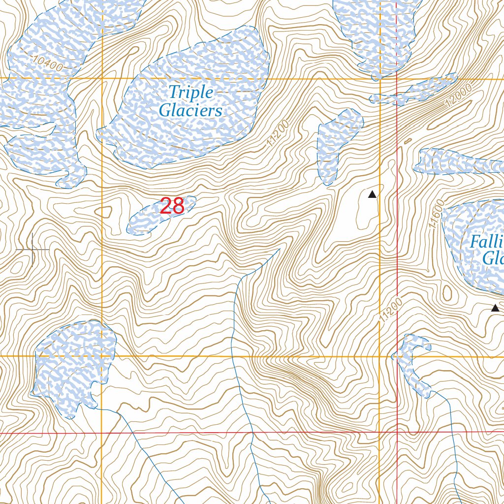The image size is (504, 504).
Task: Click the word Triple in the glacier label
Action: coord(190,92)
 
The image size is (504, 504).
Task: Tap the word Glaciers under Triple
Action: coord(190,111)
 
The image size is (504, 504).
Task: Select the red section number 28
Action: coord(172,206)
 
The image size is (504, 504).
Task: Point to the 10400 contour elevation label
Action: coord(49,64)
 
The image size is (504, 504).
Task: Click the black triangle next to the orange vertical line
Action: coord(372,194)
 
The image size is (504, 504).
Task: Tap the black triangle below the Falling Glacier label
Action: coord(495,308)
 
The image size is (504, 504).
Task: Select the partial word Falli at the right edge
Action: coord(486,242)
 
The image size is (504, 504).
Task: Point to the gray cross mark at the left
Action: coord(32,250)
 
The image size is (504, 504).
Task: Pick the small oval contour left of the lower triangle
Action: coord(447,293)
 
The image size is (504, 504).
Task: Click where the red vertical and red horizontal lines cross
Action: coord(397,432)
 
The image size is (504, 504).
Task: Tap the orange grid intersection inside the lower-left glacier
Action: coord(101,355)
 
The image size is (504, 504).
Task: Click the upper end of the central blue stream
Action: coord(279,250)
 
